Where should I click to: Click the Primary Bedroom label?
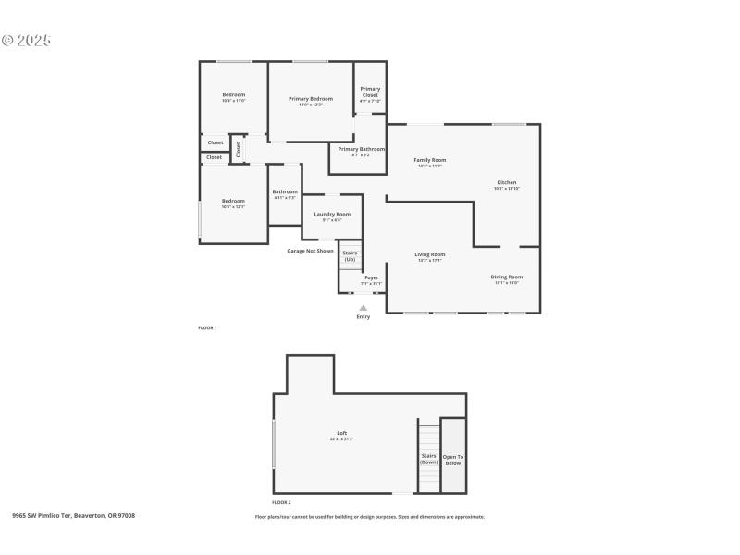(x=310, y=99)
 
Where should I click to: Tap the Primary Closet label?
(x=370, y=92)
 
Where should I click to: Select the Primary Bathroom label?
(x=361, y=149)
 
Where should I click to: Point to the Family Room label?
(x=430, y=160)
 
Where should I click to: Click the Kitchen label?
(x=507, y=182)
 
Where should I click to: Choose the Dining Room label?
(x=507, y=277)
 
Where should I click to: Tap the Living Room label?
(x=430, y=254)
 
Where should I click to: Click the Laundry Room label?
(x=332, y=214)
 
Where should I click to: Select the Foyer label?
(x=371, y=277)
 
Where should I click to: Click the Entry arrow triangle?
(x=363, y=308)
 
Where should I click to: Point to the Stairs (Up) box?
(x=350, y=255)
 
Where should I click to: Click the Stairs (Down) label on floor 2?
(x=428, y=458)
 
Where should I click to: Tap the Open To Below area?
(x=453, y=459)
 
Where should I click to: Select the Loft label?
(x=341, y=433)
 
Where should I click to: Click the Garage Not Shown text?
(x=310, y=251)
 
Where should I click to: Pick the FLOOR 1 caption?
(x=207, y=327)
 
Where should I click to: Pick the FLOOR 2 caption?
(x=281, y=502)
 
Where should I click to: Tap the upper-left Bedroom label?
(x=233, y=95)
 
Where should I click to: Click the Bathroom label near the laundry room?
(x=285, y=192)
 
